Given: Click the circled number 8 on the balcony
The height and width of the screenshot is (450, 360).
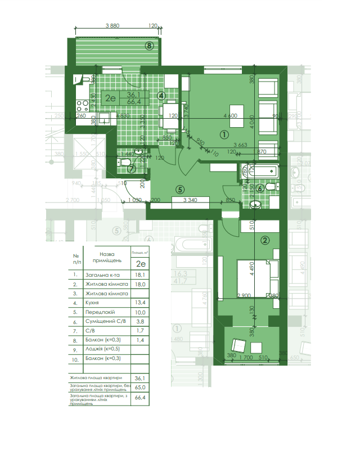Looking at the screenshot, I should point(149,46).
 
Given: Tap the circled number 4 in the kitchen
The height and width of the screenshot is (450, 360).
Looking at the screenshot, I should point(161,96).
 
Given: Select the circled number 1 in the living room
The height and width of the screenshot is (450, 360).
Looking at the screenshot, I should point(223,134).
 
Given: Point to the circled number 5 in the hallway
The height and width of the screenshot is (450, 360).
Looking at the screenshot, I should point(180,190).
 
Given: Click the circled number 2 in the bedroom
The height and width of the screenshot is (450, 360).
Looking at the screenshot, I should point(265,240).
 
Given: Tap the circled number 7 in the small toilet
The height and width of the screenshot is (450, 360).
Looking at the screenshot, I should point(130,168).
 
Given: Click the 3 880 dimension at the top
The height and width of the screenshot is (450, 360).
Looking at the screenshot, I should point(112,26).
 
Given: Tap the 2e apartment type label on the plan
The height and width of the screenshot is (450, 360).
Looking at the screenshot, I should point(110,98).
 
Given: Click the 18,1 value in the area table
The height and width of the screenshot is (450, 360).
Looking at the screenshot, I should point(141,275).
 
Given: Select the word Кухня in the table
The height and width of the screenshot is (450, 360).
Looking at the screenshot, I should point(94,302).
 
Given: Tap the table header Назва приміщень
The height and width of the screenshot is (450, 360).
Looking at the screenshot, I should point(106,258).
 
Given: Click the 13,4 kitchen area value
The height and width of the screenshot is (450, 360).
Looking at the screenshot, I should point(141,302).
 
